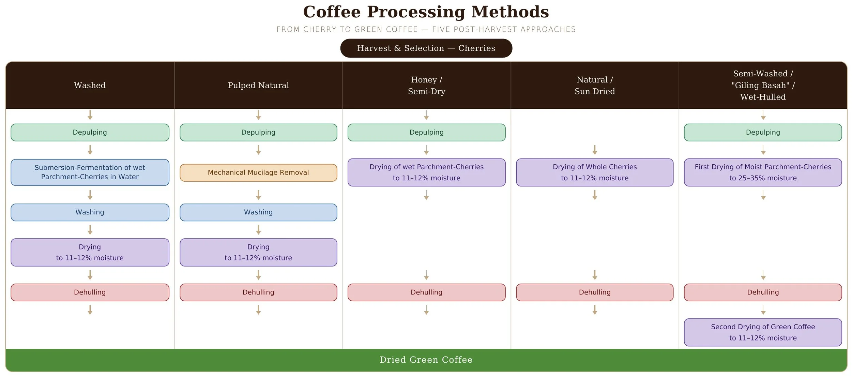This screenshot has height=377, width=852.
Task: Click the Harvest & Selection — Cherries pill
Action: pyautogui.click(x=426, y=48)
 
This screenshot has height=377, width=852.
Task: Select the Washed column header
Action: pyautogui.click(x=90, y=85)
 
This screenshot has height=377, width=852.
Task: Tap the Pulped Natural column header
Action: pyautogui.click(x=258, y=85)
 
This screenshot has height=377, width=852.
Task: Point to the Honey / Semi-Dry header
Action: pyautogui.click(x=426, y=85)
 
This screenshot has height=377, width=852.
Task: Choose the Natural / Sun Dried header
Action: pyautogui.click(x=595, y=85)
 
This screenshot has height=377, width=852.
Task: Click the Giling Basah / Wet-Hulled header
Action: pyautogui.click(x=763, y=85)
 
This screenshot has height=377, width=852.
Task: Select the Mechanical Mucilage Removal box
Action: pyautogui.click(x=258, y=172)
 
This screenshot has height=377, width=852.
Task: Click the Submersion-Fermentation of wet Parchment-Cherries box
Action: pyautogui.click(x=90, y=172)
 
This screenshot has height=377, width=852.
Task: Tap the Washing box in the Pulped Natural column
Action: pyautogui.click(x=258, y=212)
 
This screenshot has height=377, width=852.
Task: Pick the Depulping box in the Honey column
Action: pyautogui.click(x=426, y=132)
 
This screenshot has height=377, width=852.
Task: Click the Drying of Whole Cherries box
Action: pyautogui.click(x=595, y=172)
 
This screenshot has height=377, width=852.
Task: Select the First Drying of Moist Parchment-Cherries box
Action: pyautogui.click(x=763, y=172)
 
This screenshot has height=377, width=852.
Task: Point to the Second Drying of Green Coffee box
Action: pyautogui.click(x=763, y=332)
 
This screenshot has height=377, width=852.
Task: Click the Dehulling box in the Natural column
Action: pyautogui.click(x=595, y=292)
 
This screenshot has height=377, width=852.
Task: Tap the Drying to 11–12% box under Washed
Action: pyautogui.click(x=90, y=252)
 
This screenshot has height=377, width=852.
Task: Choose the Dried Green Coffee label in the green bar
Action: pyautogui.click(x=426, y=360)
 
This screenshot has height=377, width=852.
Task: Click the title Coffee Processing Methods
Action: pyautogui.click(x=426, y=12)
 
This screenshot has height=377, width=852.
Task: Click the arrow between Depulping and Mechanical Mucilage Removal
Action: pyautogui.click(x=258, y=150)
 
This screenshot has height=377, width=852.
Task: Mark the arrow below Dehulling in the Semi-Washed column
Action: pyautogui.click(x=763, y=310)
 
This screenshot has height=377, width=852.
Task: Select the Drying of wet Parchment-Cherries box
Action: pyautogui.click(x=426, y=172)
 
